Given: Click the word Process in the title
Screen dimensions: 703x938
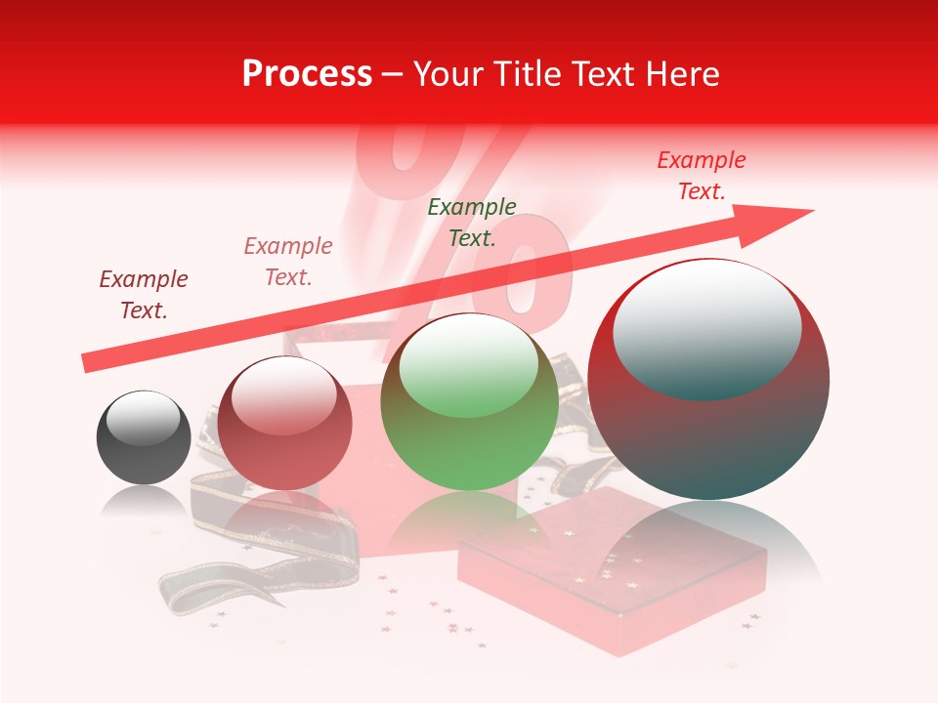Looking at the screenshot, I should pos(307,74).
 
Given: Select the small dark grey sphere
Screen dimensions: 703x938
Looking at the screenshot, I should pos(144,438).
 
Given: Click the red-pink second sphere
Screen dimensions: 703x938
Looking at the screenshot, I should pos(284,425).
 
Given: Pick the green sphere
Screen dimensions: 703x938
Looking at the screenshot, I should pos(469,402).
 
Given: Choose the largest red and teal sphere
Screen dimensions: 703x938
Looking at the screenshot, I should pos(708,381).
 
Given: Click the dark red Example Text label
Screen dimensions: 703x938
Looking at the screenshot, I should pos(144,294).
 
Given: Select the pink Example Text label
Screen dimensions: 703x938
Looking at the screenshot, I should pos(288,261).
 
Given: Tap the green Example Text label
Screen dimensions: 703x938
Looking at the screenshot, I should pos(472,222).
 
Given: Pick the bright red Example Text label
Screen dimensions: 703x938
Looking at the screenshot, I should pos(701,175).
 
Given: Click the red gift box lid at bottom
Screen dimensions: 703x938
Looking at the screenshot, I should pos(611,576).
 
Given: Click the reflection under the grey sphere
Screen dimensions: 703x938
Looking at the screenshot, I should pos(144,503).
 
